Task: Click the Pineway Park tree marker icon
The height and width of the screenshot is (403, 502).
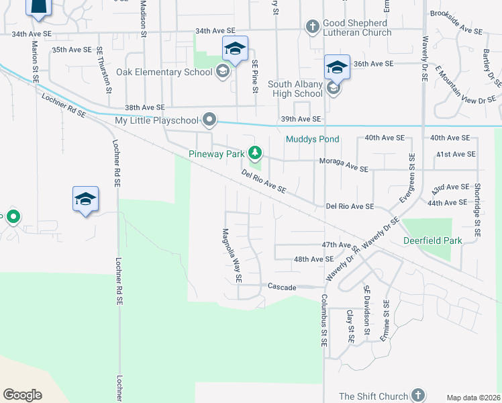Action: pyautogui.click(x=254, y=152)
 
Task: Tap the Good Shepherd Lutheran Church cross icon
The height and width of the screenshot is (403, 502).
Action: pyautogui.click(x=312, y=28)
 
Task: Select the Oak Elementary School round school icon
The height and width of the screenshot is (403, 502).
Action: pyautogui.click(x=223, y=72)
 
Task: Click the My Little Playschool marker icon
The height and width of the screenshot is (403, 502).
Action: pyautogui.click(x=210, y=120)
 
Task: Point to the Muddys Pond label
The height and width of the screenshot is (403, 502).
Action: pyautogui.click(x=312, y=139)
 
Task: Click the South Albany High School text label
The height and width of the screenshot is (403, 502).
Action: pyautogui.click(x=295, y=89)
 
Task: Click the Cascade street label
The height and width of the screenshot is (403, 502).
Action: pyautogui.click(x=282, y=287)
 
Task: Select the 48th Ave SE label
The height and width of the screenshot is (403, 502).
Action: pyautogui.click(x=313, y=259)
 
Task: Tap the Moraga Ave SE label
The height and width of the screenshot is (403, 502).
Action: pyautogui.click(x=344, y=165)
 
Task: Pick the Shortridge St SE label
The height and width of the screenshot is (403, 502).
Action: pyautogui.click(x=477, y=210)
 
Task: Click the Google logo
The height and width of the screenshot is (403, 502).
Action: pyautogui.click(x=22, y=395)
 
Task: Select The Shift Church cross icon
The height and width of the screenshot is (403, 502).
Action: pyautogui.click(x=418, y=395)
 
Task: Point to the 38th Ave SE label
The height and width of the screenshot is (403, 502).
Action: pyautogui.click(x=145, y=107)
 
